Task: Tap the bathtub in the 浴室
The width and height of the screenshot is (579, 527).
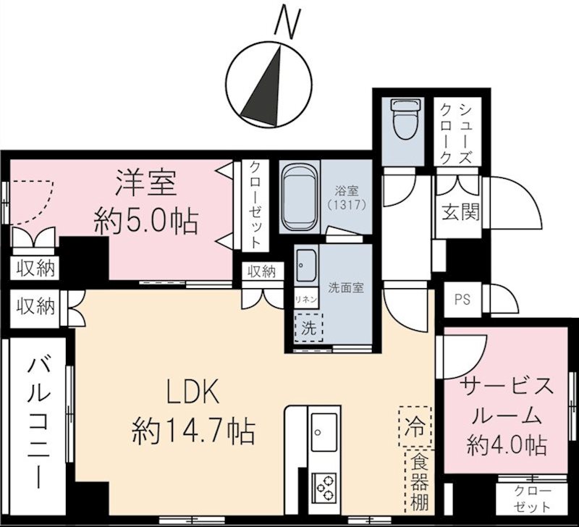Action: [299, 198]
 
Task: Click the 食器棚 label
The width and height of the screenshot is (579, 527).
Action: [418, 481]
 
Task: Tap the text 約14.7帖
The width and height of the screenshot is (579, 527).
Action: [193, 432]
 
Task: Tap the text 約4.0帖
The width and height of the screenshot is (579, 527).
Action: [507, 443]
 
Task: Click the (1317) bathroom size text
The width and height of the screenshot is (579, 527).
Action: [349, 205]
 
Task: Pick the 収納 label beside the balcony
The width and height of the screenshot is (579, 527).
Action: [35, 307]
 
